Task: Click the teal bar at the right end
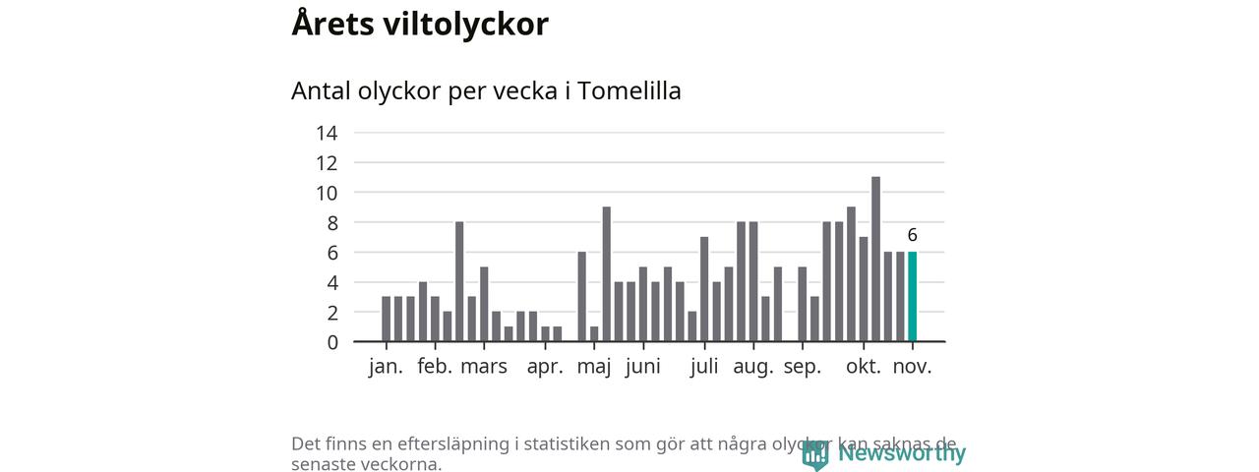pyautogui.click(x=913, y=297)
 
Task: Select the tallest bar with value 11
pyautogui.click(x=875, y=260)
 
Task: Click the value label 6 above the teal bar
pyautogui.click(x=913, y=235)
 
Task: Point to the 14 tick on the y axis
pyautogui.click(x=327, y=133)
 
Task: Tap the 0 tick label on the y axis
pyautogui.click(x=332, y=342)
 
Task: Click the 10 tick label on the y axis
pyautogui.click(x=327, y=193)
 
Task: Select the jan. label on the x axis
pyautogui.click(x=386, y=367)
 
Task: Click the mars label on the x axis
pyautogui.click(x=484, y=367)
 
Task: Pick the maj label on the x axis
pyautogui.click(x=594, y=367)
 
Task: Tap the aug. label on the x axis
pyautogui.click(x=754, y=367)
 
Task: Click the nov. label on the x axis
pyautogui.click(x=913, y=367)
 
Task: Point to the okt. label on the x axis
pyautogui.click(x=864, y=367)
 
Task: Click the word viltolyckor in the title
pyautogui.click(x=464, y=24)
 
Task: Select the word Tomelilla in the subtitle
pyautogui.click(x=629, y=90)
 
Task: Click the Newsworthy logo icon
pyautogui.click(x=815, y=454)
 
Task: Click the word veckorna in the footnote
pyautogui.click(x=400, y=464)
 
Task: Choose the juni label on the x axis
pyautogui.click(x=643, y=367)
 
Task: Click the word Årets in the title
pyautogui.click(x=330, y=24)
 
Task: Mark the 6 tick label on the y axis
pyautogui.click(x=332, y=253)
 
